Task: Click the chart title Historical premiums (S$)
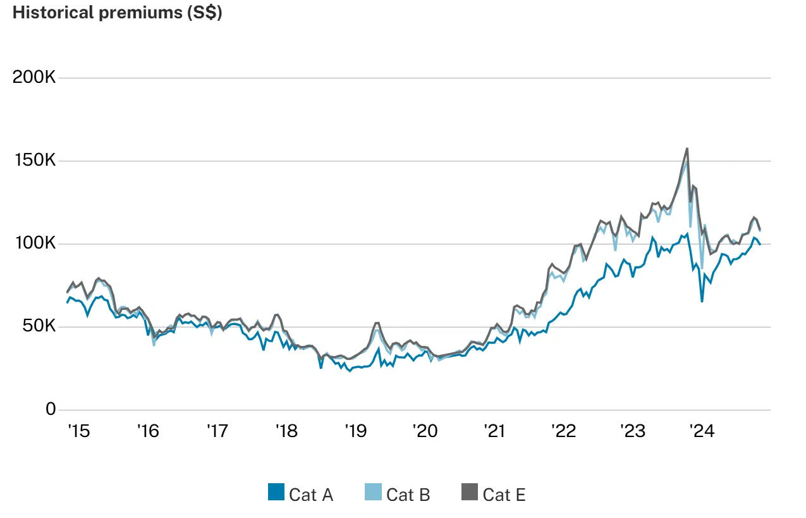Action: pyautogui.click(x=118, y=13)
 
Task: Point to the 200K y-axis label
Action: pyautogui.click(x=34, y=78)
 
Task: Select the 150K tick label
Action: pyautogui.click(x=34, y=161)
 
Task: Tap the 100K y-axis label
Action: pyautogui.click(x=34, y=244)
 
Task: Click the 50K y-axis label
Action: pyautogui.click(x=39, y=327)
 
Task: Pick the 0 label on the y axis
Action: pyautogui.click(x=50, y=410)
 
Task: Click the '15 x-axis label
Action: pyautogui.click(x=78, y=431)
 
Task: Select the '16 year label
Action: pyautogui.click(x=147, y=431)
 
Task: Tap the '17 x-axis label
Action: pyautogui.click(x=217, y=431)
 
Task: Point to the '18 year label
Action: pyautogui.click(x=286, y=431)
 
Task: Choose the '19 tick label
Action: pyautogui.click(x=355, y=431)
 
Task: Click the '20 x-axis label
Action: pyautogui.click(x=425, y=431)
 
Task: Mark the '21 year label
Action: pyautogui.click(x=494, y=431)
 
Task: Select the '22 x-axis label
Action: pyautogui.click(x=563, y=431)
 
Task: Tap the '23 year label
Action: pyautogui.click(x=632, y=431)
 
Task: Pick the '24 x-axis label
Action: pyautogui.click(x=702, y=431)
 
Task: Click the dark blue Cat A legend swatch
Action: pyautogui.click(x=276, y=493)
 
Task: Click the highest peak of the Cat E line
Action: pyautogui.click(x=687, y=149)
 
